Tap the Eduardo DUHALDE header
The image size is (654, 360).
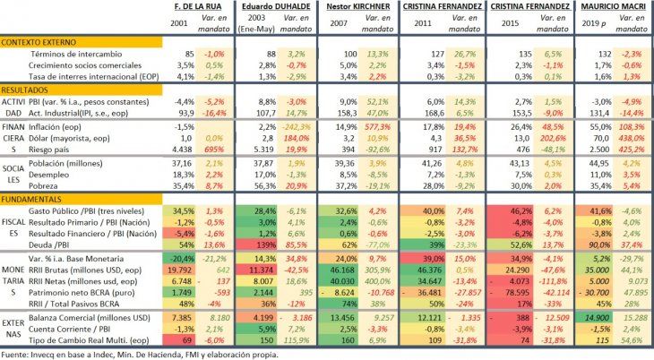[x=268, y=6]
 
